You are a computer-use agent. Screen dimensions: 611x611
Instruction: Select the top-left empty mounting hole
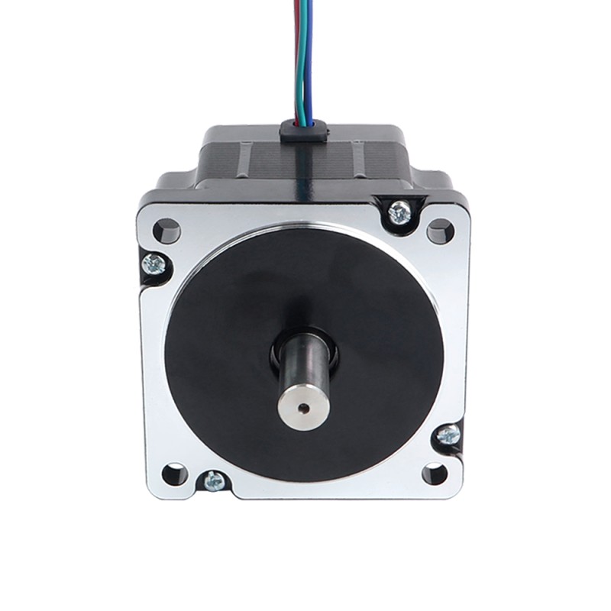click(x=166, y=230)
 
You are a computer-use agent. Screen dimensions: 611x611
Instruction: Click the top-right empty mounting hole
click(x=440, y=230)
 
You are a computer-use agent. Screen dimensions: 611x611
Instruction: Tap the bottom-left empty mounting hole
click(x=175, y=474)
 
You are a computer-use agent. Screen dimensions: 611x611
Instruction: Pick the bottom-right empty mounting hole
click(x=435, y=474)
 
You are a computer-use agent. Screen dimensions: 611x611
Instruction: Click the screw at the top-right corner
click(x=399, y=212)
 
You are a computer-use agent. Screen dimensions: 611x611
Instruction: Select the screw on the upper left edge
click(x=154, y=263)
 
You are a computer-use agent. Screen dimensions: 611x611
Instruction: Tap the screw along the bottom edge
click(x=214, y=481)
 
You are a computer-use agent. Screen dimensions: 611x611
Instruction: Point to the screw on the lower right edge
click(x=448, y=435)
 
